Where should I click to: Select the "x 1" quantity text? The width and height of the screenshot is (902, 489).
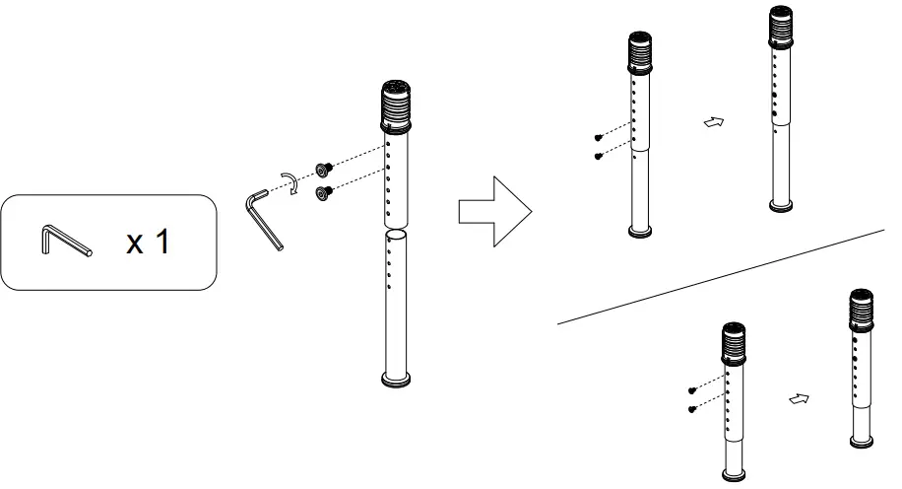147,242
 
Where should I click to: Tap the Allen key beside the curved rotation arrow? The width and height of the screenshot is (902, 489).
264,219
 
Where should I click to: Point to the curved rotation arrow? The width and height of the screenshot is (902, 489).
292,184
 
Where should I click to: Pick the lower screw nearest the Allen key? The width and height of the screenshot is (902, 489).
322,194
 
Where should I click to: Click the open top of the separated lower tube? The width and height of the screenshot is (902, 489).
395,235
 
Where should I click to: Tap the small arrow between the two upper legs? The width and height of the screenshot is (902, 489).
714,122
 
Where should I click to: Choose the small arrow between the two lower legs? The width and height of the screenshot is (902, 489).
800,399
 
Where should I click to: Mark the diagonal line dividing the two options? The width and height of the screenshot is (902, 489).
719,277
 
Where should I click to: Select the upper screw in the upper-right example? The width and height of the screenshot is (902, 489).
599,138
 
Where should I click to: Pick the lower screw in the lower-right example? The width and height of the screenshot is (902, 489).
692,408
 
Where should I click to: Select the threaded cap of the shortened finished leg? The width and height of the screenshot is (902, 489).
862,309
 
